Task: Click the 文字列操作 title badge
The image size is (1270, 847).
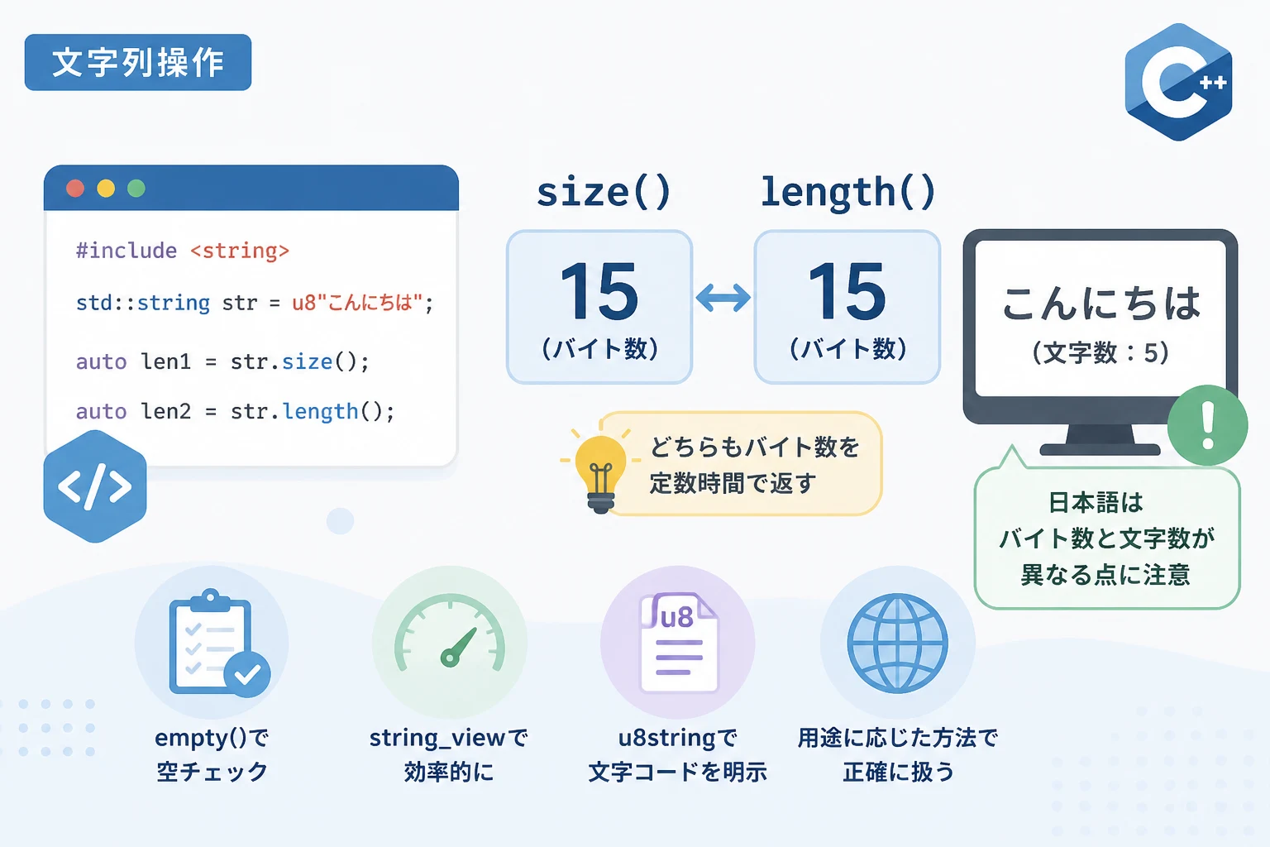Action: point(138,62)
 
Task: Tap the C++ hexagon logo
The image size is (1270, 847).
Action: point(1179,82)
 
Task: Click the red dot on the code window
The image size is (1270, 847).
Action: point(75,189)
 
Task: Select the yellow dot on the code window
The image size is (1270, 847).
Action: point(106,189)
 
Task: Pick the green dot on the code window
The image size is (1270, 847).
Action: point(136,189)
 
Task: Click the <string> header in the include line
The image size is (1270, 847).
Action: point(240,251)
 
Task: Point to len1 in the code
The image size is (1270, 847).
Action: point(165,361)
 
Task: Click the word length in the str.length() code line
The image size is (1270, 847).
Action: point(320,411)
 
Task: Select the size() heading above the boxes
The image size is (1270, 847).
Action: point(604,193)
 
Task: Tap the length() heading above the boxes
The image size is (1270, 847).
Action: point(848,193)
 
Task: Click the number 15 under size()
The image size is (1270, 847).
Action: point(599,292)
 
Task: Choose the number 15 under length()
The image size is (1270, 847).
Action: point(847,292)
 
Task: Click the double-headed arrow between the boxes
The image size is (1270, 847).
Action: point(723,297)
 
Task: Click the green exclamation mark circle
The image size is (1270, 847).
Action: point(1208,425)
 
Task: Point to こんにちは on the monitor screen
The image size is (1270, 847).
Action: point(1101,304)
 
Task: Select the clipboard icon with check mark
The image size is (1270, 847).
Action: point(217,644)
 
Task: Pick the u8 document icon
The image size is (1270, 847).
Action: point(679,643)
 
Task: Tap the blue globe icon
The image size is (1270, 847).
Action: point(897,644)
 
